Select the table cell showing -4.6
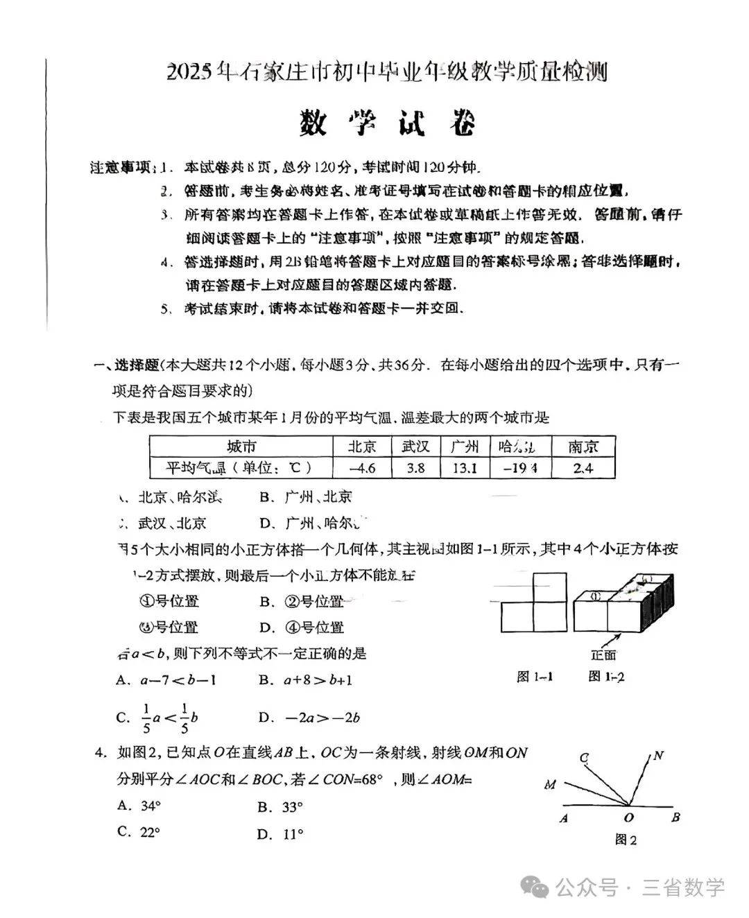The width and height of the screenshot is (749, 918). coord(362,468)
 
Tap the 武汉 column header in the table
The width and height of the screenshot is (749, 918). coord(415,446)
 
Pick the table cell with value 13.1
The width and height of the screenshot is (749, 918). coord(465,468)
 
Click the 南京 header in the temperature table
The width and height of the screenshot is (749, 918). coord(583,446)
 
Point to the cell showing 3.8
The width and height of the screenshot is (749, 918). coord(415,468)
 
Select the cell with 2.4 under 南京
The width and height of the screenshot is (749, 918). coord(583,468)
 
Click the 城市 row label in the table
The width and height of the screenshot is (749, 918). coord(241,446)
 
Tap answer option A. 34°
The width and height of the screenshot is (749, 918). coord(139,806)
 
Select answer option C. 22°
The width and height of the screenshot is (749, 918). coord(139,832)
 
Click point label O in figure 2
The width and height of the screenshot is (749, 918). coord(628,819)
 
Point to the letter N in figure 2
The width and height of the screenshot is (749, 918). coord(658,756)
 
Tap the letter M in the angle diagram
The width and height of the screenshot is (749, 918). coord(550,785)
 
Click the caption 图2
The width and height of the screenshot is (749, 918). coord(625,840)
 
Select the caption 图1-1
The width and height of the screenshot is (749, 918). coord(534,677)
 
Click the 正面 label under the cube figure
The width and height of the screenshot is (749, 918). coord(603,655)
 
